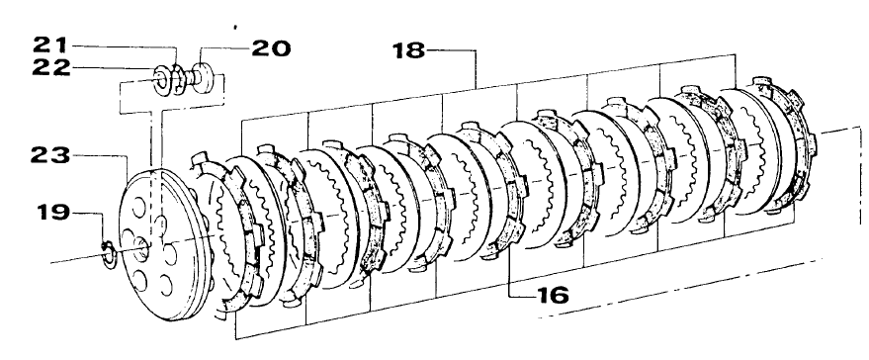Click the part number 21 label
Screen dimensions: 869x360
pyautogui.click(x=50, y=45)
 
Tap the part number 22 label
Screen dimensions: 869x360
pyautogui.click(x=51, y=67)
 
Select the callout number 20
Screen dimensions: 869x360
pyautogui.click(x=271, y=48)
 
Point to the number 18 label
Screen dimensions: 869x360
pyautogui.click(x=409, y=50)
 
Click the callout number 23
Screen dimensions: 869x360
pyautogui.click(x=50, y=156)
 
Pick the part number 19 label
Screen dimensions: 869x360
pyautogui.click(x=54, y=213)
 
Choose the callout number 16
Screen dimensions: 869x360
pyautogui.click(x=552, y=295)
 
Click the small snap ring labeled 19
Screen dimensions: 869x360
pyautogui.click(x=109, y=254)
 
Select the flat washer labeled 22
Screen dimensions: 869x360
pyautogui.click(x=162, y=78)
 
